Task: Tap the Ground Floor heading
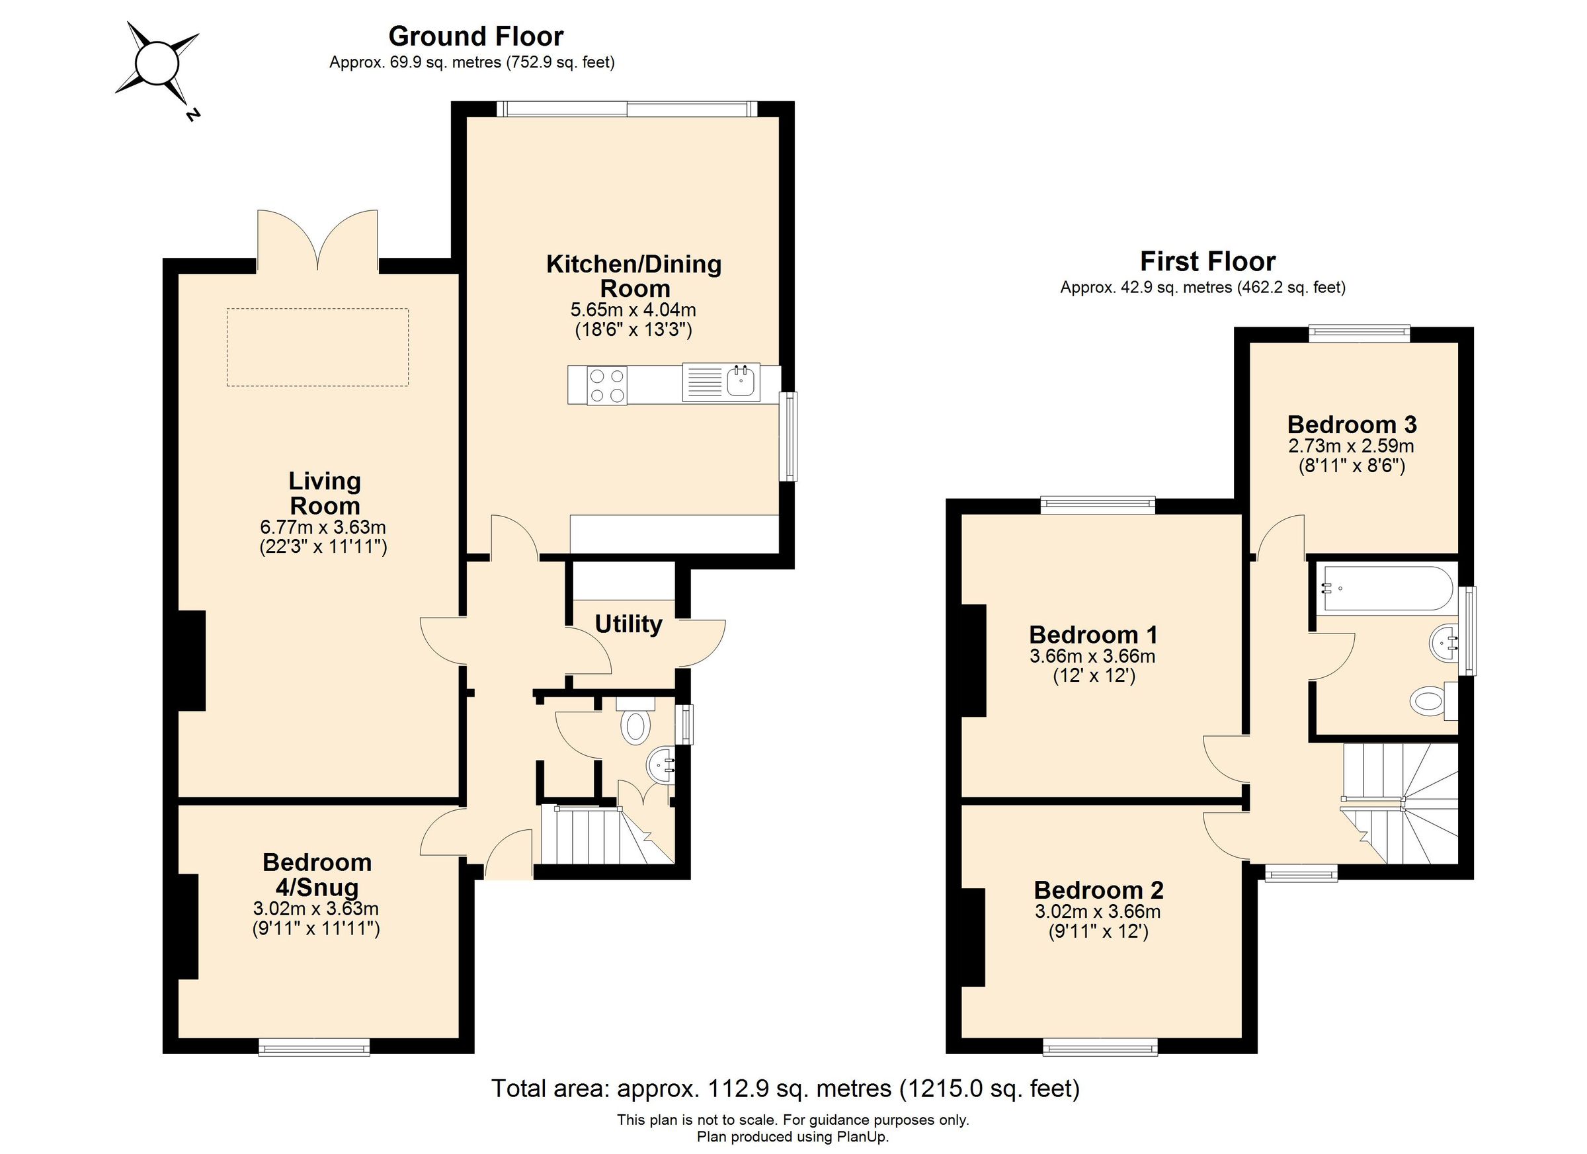(475, 36)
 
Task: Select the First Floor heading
(1207, 262)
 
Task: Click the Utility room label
(628, 624)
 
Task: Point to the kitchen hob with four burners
(606, 386)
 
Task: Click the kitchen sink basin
(741, 382)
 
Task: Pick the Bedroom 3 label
(1352, 425)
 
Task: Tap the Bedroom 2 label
(1098, 890)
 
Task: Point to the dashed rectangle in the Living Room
(317, 347)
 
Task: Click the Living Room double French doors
(317, 241)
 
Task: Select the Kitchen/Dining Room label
(633, 276)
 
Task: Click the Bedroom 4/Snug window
(314, 1047)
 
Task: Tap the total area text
(785, 1089)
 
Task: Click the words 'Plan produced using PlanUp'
(792, 1137)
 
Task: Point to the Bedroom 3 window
(1358, 334)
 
